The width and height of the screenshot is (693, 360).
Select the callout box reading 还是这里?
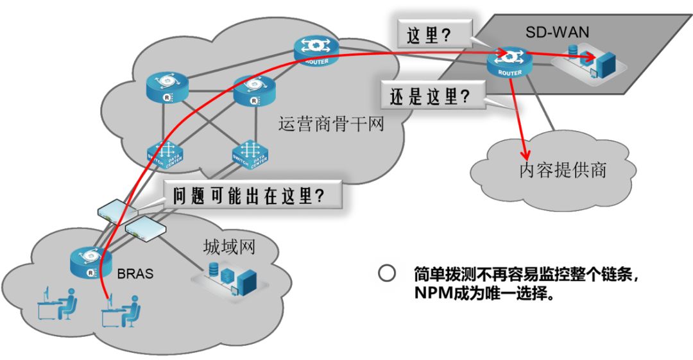pyautogui.click(x=429, y=97)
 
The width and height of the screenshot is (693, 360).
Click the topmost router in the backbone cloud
pyautogui.click(x=312, y=49)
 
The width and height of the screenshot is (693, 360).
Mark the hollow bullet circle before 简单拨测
pyautogui.click(x=386, y=273)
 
